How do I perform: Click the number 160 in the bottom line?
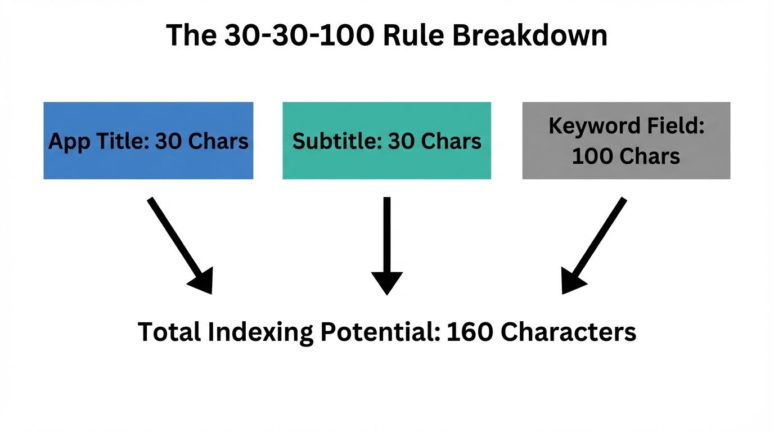click(470, 332)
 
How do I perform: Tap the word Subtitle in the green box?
click(336, 141)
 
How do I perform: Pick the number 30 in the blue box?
click(168, 141)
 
